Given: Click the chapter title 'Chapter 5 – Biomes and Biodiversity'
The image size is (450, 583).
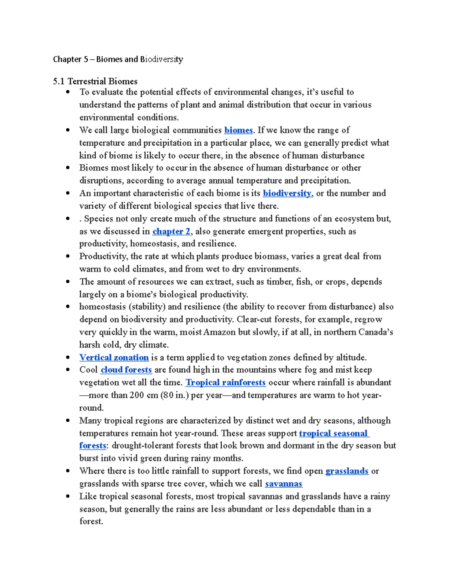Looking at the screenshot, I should [x=118, y=59].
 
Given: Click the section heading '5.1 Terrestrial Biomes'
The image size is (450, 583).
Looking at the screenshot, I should [x=95, y=81].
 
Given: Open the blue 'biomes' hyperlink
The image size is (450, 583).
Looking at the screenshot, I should [x=238, y=130].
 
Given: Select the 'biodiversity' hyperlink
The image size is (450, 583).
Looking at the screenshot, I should [x=287, y=193].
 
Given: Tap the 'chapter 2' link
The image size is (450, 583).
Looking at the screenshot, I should [x=171, y=231].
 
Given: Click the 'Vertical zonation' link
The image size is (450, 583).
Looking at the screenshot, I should [x=114, y=357].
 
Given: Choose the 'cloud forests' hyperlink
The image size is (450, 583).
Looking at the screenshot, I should [x=126, y=370].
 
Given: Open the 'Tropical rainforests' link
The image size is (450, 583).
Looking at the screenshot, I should [x=225, y=383].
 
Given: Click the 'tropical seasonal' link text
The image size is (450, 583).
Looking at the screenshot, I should [x=333, y=433].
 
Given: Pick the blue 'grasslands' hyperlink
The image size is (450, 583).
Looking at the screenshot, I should [x=346, y=471].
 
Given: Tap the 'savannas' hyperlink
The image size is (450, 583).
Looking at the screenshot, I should [x=283, y=484].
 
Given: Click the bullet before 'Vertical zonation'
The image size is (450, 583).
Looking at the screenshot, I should [x=68, y=357].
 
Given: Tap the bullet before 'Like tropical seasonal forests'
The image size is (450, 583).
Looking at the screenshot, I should [x=68, y=496].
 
